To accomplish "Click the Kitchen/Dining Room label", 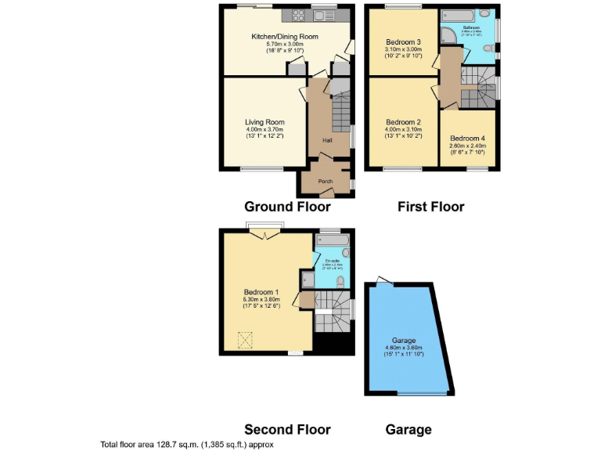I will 284,36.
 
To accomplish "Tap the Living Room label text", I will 265,122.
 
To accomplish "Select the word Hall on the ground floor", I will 328,140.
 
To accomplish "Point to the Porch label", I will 325,182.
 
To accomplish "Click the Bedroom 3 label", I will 404,41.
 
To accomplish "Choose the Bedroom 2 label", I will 404,122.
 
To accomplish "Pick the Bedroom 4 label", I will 468,138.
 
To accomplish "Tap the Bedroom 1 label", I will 261,291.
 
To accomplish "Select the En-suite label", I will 330,261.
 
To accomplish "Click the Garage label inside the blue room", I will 404,341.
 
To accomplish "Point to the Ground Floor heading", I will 287,207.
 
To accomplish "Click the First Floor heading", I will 430,207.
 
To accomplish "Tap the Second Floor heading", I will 287,429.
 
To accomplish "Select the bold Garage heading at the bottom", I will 408,429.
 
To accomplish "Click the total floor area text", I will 186,444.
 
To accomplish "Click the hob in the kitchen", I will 300,14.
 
